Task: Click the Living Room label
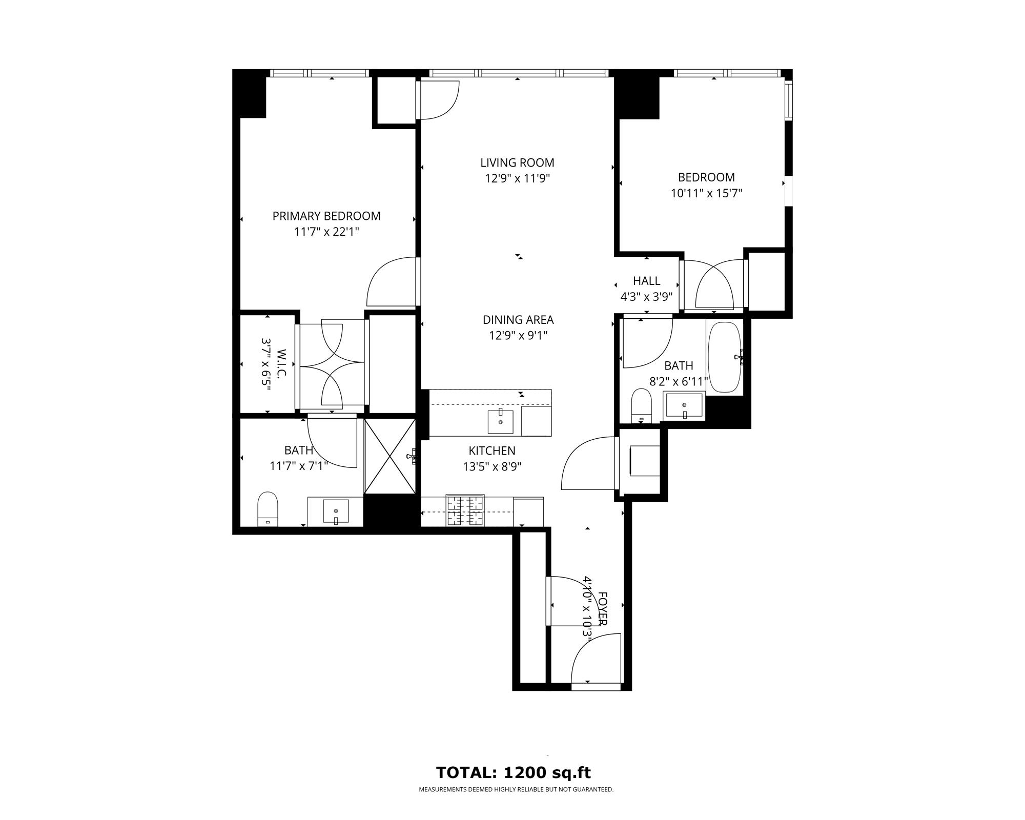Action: click(517, 162)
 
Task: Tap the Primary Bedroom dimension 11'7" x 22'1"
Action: click(326, 232)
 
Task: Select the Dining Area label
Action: click(518, 320)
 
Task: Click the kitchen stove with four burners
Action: click(465, 510)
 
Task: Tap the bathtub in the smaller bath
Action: click(724, 357)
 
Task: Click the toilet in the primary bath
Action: click(267, 508)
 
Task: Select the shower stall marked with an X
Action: click(390, 456)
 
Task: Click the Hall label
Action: click(646, 281)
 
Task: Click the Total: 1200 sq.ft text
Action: click(513, 772)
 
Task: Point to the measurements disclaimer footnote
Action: click(516, 790)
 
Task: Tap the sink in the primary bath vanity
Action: click(336, 511)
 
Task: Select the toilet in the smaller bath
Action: click(641, 405)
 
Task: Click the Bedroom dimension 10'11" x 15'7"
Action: click(706, 193)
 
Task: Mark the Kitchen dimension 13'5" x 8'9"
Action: click(492, 466)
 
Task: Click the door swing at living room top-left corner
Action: click(438, 100)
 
